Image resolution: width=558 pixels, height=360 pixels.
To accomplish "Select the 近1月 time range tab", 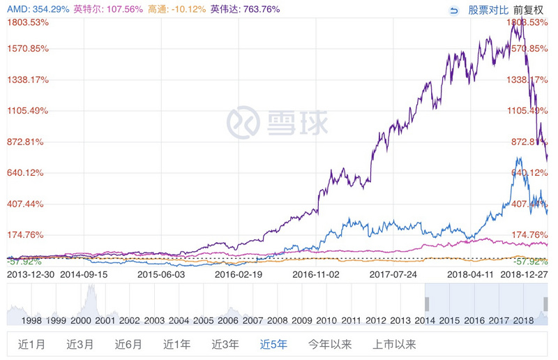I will [31, 343].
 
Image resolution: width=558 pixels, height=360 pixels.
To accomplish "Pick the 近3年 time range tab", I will [225, 343].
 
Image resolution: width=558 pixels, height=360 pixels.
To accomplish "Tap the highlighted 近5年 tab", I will [274, 343].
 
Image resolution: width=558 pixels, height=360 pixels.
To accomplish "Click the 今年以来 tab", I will [330, 343].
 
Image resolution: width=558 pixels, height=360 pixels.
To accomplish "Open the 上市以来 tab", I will [395, 343].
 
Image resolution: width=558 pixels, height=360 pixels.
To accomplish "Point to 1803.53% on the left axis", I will [26, 22].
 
